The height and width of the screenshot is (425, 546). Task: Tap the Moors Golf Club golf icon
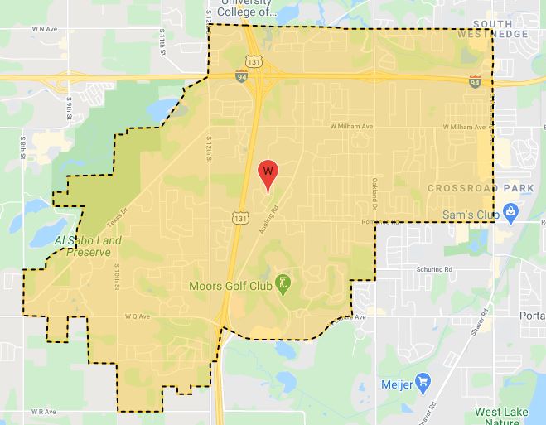(284, 284)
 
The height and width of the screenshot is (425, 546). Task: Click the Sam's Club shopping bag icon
(511, 215)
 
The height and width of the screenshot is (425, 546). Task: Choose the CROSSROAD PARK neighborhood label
(481, 189)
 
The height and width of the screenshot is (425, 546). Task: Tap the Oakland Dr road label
(374, 192)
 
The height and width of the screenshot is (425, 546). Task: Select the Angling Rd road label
(268, 222)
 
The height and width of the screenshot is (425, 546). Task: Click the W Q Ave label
(136, 316)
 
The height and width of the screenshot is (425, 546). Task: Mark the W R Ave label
(42, 411)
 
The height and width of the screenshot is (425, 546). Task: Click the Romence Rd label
(379, 222)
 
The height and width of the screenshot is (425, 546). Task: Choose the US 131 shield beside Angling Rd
(239, 217)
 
